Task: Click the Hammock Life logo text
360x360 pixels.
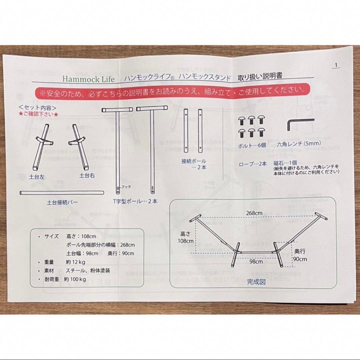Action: [x=88, y=79]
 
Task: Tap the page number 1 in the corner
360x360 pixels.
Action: [x=336, y=65]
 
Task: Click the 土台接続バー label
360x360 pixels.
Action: [x=63, y=202]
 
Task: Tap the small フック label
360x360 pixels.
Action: [x=126, y=187]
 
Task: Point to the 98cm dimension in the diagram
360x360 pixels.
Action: [x=256, y=261]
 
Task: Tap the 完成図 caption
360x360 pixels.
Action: [x=256, y=282]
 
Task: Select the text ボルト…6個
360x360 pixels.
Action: [x=252, y=145]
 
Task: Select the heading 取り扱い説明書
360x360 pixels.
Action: [x=260, y=76]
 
